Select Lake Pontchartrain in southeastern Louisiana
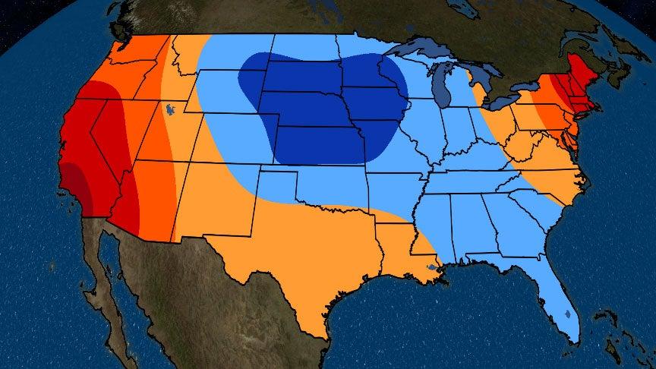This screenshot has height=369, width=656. [432, 267]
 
